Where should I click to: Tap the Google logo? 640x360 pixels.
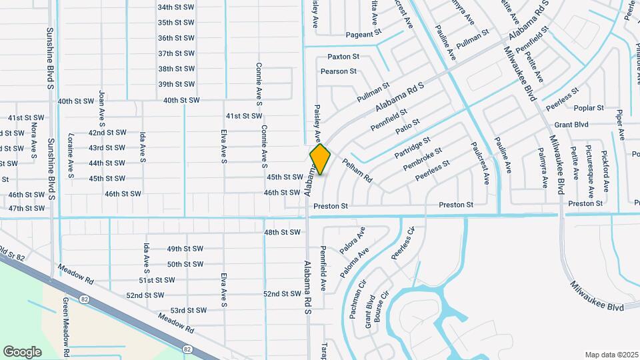click(23, 351)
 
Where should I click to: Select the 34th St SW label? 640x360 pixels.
click(176, 7)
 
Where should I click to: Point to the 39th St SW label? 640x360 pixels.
click(176, 84)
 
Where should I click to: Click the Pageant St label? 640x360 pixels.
click(363, 33)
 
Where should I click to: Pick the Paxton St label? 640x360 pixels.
click(343, 57)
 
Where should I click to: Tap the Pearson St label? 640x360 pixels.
click(339, 71)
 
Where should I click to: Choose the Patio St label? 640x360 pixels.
click(407, 125)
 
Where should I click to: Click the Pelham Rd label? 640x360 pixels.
click(357, 171)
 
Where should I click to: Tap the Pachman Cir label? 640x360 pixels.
click(354, 303)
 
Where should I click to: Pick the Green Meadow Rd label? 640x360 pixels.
click(66, 327)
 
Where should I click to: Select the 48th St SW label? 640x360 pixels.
click(282, 233)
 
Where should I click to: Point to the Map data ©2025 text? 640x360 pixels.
click(612, 355)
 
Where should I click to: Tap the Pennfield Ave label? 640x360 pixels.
click(323, 267)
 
